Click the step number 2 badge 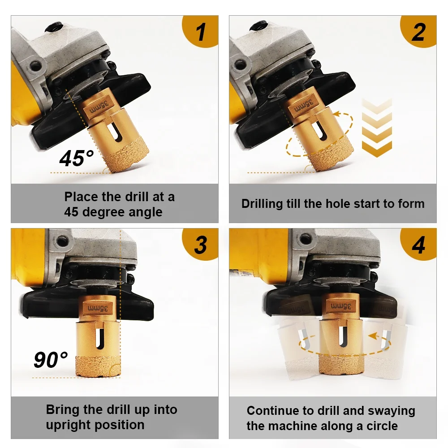(418, 32)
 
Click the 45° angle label (77, 159)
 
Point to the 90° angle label (51, 360)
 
